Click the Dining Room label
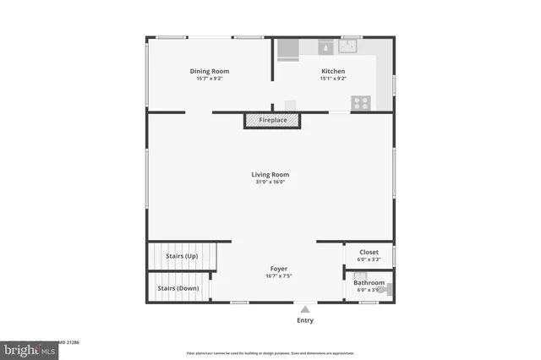coord(209,71)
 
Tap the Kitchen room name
coord(332,71)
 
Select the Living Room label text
coord(270,175)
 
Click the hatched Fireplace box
coord(266,121)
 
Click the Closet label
coord(369,252)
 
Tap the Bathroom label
coord(369,283)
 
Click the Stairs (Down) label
coord(178,287)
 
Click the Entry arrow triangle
coord(305,309)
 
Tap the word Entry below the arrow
coord(305,321)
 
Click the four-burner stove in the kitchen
coord(361,102)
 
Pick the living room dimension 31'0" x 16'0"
coord(270,182)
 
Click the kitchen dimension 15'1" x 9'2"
coord(333,79)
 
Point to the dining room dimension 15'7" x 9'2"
coord(209,79)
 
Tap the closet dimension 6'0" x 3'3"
coord(369,259)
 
